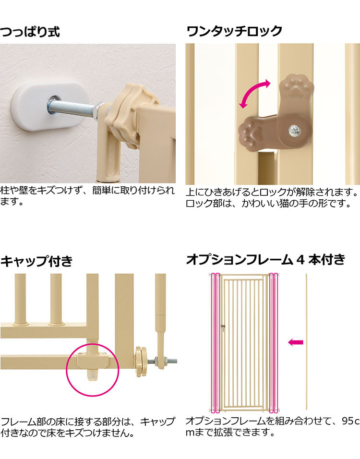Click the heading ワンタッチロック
234,32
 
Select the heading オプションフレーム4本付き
265,260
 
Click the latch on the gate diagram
222,326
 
